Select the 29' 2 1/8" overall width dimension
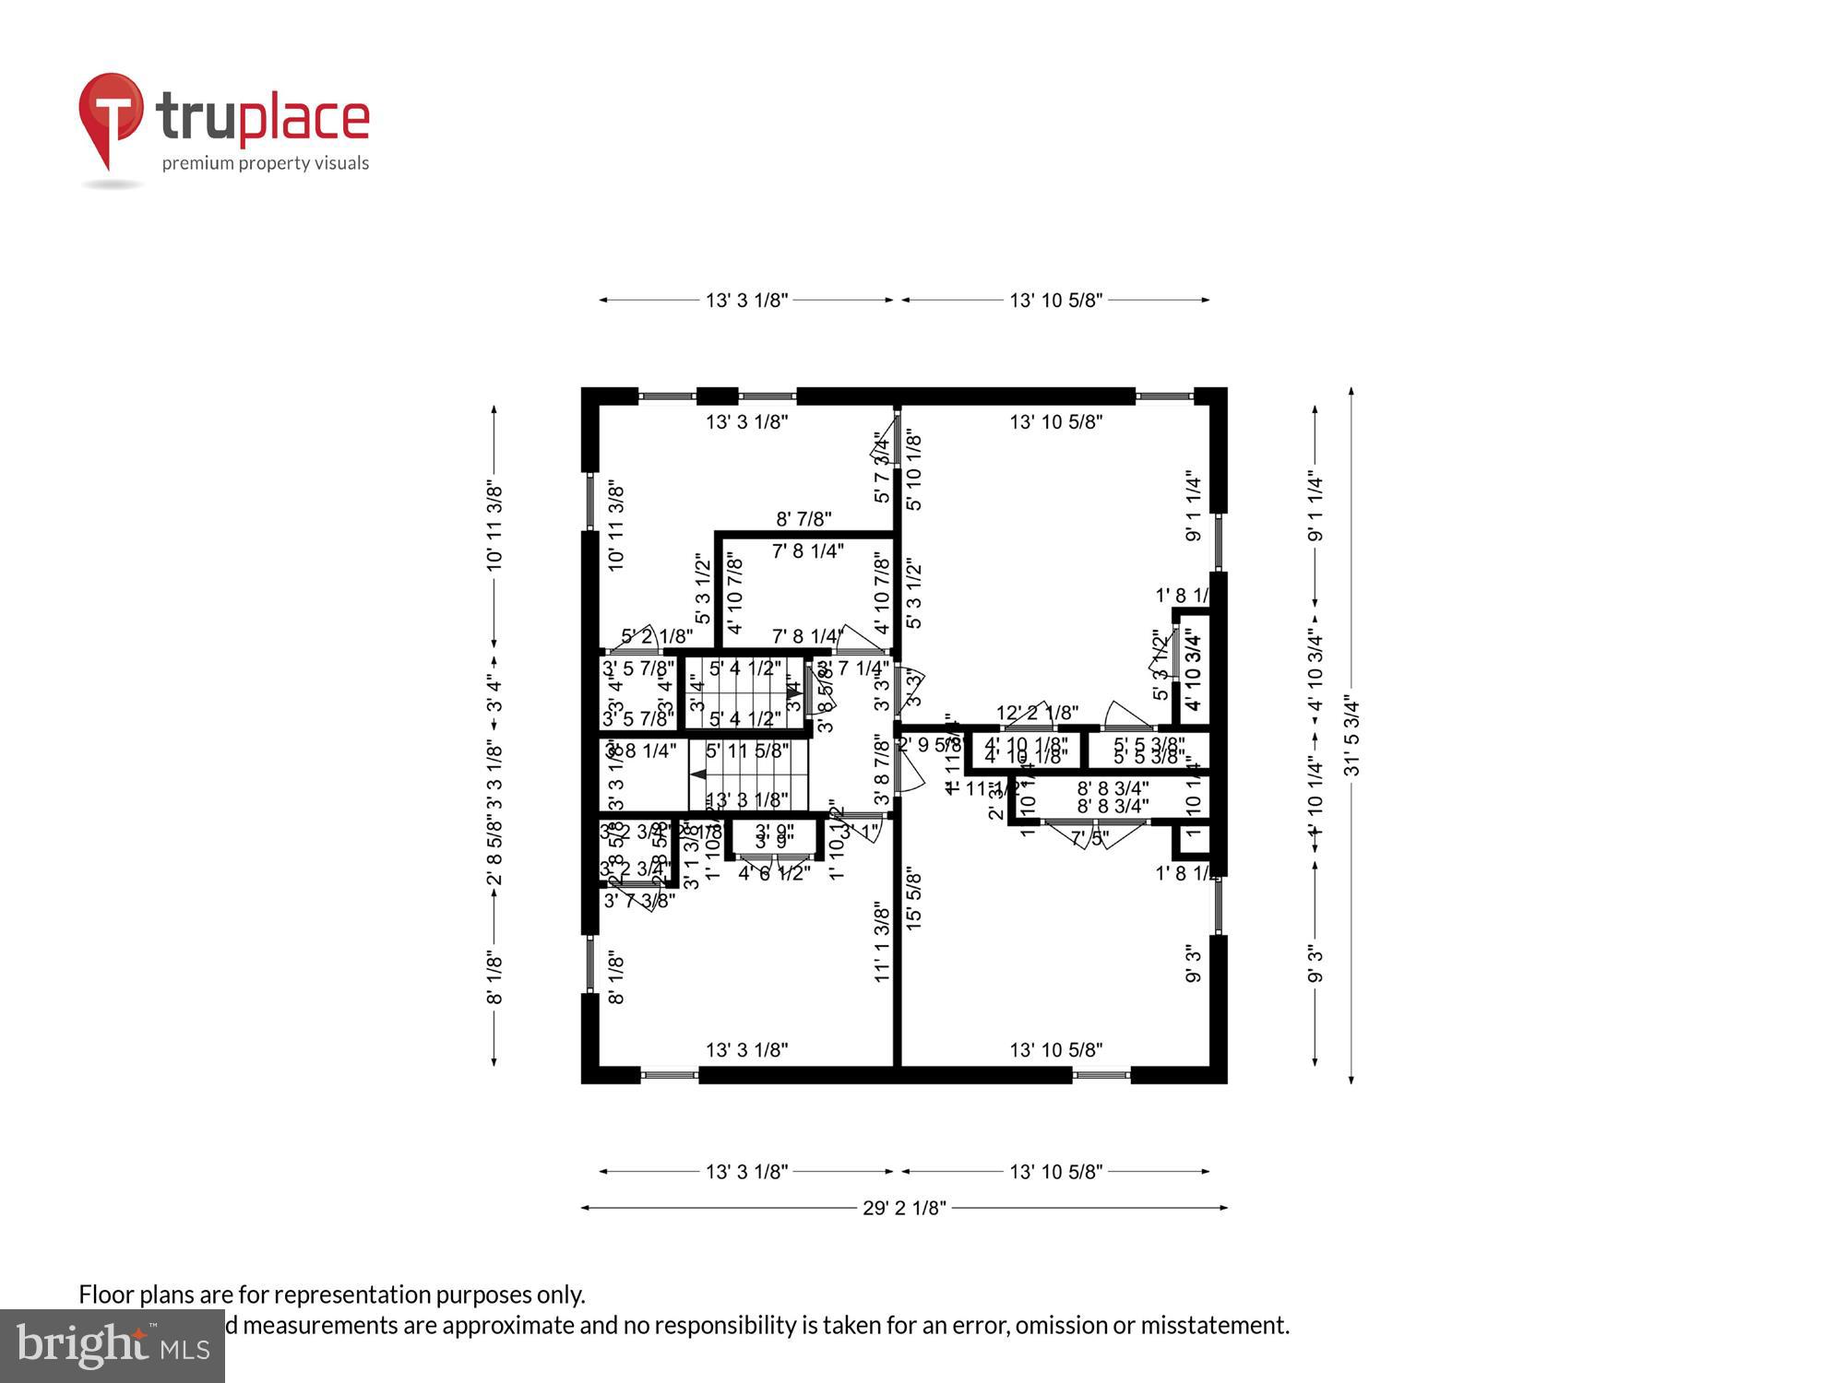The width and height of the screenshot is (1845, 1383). coord(904,1208)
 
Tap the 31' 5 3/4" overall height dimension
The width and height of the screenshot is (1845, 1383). coord(1352,736)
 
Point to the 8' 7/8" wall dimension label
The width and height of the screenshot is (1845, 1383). coord(804,520)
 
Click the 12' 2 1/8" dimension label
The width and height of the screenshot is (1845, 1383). coord(1037,713)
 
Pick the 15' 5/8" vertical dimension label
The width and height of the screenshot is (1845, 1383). coord(914,897)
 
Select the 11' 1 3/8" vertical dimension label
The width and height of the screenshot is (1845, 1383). coord(882,942)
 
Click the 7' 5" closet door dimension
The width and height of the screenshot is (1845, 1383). coord(1089,838)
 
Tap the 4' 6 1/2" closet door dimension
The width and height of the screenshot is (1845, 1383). coord(774,872)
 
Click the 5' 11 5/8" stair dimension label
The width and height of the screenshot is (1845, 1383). coord(747,751)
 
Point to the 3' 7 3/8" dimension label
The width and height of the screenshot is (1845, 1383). coord(639,900)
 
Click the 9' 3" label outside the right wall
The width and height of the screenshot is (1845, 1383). coord(1315,963)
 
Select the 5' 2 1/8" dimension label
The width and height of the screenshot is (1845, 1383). coord(657,636)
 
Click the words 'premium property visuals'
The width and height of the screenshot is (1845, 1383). coord(266,164)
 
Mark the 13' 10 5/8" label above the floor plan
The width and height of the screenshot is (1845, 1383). coord(1056,300)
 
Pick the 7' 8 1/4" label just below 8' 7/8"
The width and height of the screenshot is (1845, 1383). coord(808,551)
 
